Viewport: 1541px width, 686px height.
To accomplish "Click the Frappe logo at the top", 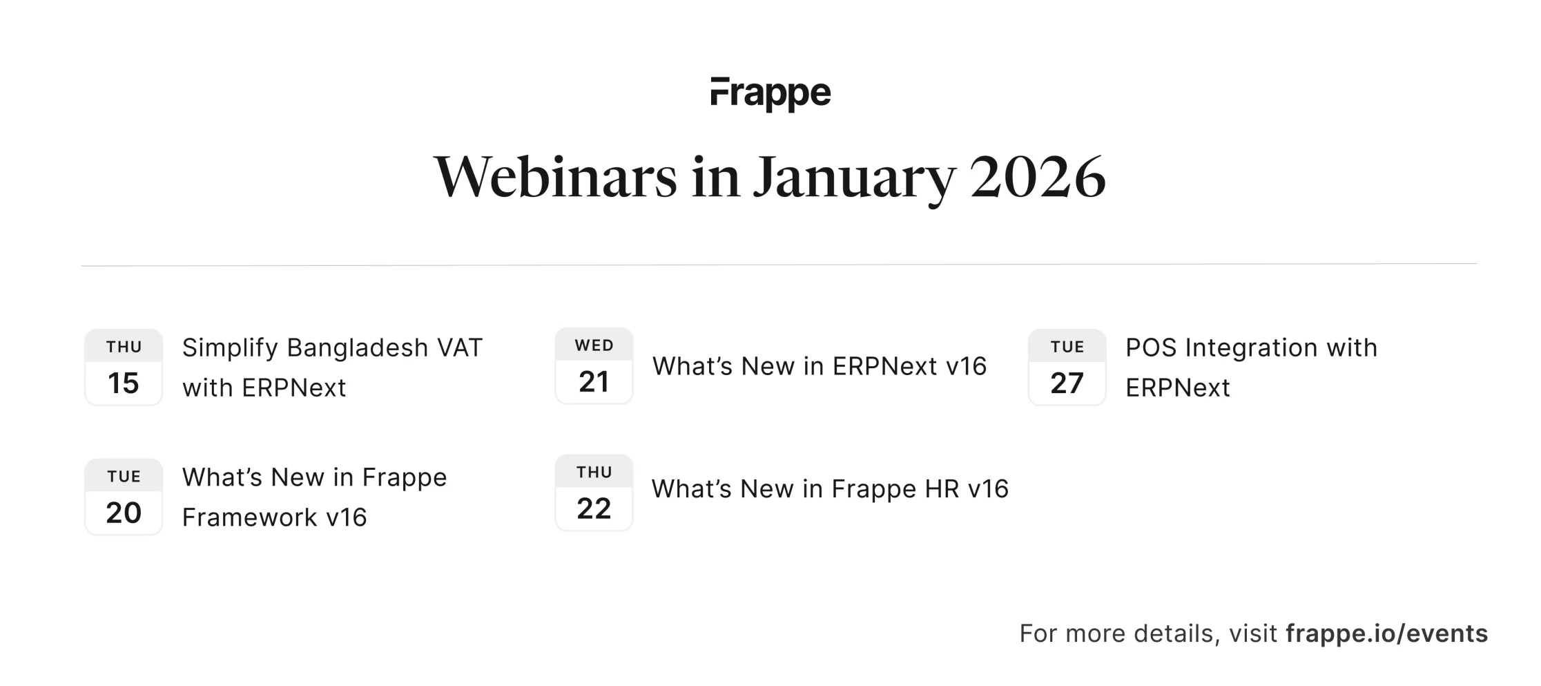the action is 770,94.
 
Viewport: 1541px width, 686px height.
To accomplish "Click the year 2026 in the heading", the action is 1038,177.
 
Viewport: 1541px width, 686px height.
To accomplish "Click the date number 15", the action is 124,383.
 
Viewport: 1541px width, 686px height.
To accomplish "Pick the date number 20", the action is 124,513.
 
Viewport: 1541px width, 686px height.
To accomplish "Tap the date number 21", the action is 594,381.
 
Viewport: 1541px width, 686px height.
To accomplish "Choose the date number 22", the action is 594,508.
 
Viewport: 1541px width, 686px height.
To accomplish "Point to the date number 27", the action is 1067,383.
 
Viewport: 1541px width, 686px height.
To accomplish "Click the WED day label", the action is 594,345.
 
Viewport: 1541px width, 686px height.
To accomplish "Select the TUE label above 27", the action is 1067,347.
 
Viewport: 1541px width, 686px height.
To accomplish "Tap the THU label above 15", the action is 124,347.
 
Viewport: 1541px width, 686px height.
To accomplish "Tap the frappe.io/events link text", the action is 1386,633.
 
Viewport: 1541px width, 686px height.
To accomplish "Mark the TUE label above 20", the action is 124,477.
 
